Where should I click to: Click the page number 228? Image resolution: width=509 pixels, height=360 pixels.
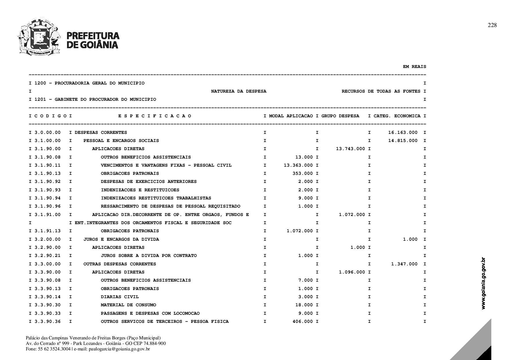click(x=492, y=25)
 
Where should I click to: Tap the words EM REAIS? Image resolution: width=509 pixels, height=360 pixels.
click(x=414, y=66)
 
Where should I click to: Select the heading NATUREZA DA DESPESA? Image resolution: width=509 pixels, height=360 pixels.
click(x=239, y=91)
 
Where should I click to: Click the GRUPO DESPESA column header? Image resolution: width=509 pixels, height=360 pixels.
click(x=340, y=116)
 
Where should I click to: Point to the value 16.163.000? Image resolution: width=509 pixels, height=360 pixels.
click(x=403, y=132)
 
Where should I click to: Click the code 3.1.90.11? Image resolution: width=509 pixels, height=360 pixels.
click(x=48, y=165)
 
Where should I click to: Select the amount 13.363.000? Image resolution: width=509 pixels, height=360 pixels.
click(x=298, y=165)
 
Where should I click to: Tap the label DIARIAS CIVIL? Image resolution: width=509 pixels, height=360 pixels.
click(x=120, y=297)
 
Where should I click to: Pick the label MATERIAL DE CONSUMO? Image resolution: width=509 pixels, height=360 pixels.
click(x=128, y=305)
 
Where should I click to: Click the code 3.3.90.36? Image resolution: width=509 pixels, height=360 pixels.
click(x=48, y=321)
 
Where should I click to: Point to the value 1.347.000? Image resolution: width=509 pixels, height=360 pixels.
click(x=404, y=264)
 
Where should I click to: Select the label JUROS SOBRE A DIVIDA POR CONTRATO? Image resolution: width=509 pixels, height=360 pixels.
click(x=149, y=255)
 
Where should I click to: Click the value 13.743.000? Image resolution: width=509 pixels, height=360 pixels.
click(x=351, y=149)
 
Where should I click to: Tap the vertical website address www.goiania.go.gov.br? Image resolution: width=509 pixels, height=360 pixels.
click(x=483, y=283)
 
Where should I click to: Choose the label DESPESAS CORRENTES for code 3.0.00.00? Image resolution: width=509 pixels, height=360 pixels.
click(x=101, y=132)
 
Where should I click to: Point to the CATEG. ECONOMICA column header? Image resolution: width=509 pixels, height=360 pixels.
click(x=397, y=116)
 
